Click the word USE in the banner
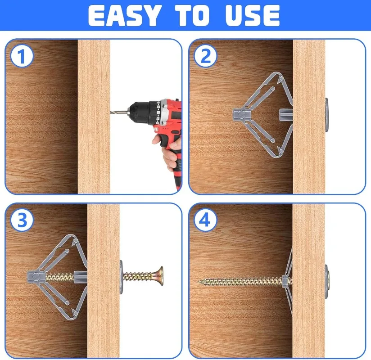(253, 15)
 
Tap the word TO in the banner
(192, 15)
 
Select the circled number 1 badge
(22, 56)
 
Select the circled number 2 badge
(205, 56)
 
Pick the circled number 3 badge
(22, 220)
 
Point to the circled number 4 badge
(205, 220)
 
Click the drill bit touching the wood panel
(119, 111)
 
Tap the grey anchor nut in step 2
(241, 115)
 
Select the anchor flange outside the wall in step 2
(326, 115)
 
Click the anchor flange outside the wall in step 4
(326, 281)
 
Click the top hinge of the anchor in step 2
(281, 78)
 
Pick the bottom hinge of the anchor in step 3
(76, 313)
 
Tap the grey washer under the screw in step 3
(122, 277)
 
